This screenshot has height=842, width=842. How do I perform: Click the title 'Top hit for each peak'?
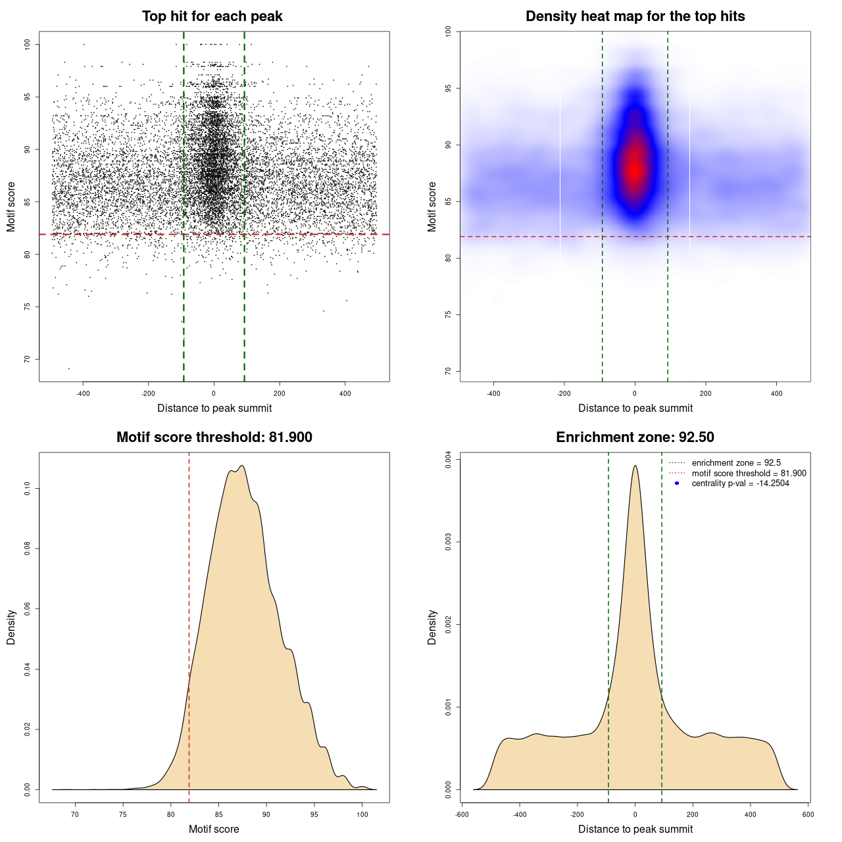tap(212, 16)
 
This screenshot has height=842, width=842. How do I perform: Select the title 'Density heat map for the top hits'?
tap(635, 16)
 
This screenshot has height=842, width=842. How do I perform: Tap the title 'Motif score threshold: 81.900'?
tap(214, 437)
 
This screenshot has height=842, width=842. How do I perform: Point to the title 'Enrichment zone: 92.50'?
tap(635, 437)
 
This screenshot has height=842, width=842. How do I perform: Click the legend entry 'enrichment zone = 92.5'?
tap(736, 463)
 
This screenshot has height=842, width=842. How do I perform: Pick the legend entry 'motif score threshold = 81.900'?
tap(749, 473)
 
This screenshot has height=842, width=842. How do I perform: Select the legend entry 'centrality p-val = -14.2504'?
tap(740, 483)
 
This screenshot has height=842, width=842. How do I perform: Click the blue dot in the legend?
tap(677, 483)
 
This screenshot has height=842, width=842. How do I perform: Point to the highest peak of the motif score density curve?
tap(243, 466)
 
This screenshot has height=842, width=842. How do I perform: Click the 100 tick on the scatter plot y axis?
tap(28, 44)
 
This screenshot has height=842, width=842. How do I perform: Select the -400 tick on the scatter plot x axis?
tap(83, 393)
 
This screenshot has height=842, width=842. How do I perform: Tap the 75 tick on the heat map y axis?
tap(449, 314)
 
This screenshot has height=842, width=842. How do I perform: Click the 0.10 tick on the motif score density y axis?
tap(28, 489)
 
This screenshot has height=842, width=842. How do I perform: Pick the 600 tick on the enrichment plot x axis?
tap(808, 814)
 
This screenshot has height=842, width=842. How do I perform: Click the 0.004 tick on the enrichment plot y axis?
tap(449, 459)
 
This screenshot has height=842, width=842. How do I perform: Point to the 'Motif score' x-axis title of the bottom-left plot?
tap(214, 829)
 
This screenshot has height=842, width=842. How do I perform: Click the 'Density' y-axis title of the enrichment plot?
tap(432, 627)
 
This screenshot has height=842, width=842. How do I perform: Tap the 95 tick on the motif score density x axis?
tap(314, 814)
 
